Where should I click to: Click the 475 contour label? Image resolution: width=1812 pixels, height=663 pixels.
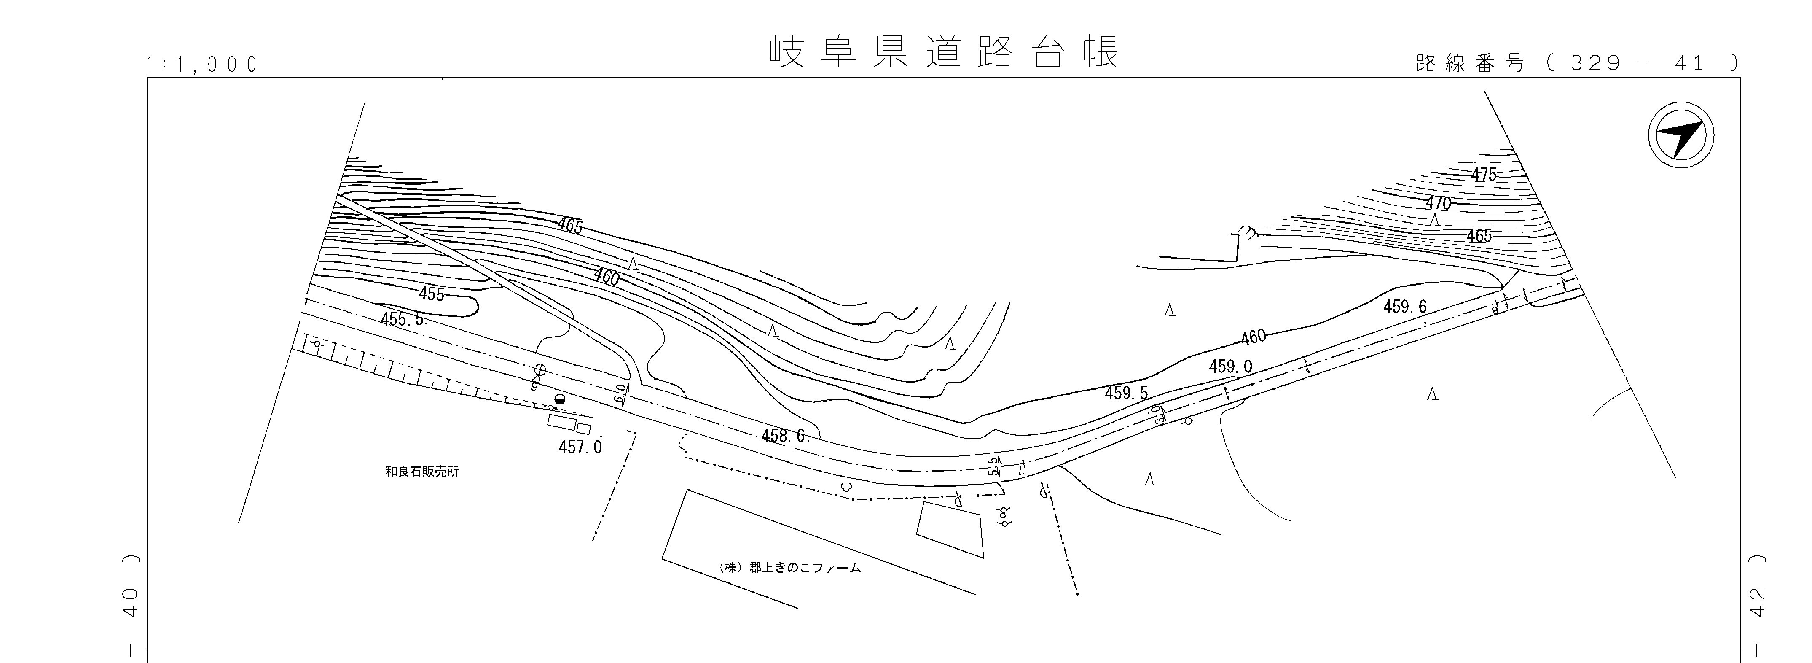1484,175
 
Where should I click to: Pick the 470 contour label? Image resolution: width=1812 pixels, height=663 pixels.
1439,203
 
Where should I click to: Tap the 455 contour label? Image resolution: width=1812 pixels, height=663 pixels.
431,294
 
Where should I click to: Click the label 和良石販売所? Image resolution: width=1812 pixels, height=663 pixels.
422,472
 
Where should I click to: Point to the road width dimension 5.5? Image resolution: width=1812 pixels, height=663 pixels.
994,466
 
